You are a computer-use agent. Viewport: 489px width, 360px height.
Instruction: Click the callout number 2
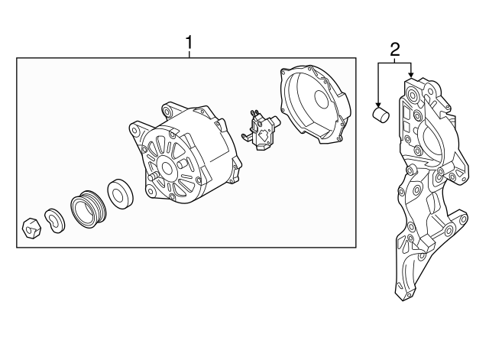395,50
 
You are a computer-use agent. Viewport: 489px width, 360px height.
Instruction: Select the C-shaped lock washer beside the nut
54,219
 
